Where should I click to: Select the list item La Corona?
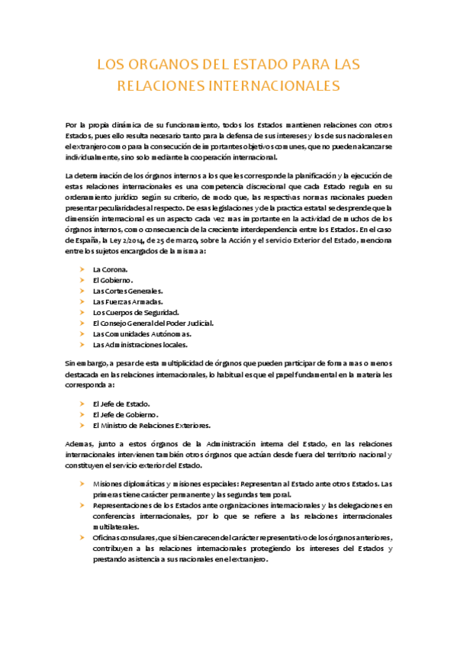[110, 269]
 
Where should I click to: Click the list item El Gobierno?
[113, 280]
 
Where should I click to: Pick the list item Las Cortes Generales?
[127, 291]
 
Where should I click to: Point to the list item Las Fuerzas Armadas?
[127, 301]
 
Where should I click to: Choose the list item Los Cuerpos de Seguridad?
[136, 312]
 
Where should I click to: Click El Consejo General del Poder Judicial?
[153, 323]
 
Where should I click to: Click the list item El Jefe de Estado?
[121, 404]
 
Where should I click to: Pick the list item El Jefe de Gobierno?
[125, 414]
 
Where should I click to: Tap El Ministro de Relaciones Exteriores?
[151, 425]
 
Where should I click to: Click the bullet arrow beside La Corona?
[82, 269]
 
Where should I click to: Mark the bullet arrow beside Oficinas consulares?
[82, 537]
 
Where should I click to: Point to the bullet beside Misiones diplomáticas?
[82, 484]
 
